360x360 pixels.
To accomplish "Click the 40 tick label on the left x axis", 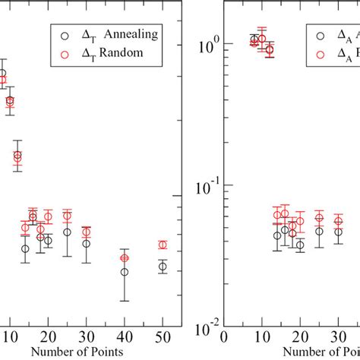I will (124, 337).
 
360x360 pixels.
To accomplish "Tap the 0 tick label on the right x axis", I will (223, 337).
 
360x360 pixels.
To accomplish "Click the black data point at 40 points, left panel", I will (125, 271).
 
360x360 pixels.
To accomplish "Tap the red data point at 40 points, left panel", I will (125, 258).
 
